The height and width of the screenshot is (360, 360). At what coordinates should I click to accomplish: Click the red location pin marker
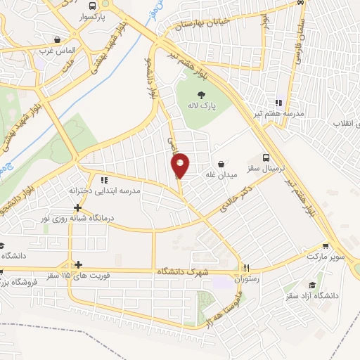(x=181, y=165)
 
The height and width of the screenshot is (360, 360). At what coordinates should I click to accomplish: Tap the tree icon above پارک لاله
(x=203, y=95)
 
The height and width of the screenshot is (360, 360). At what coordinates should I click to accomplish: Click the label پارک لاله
(x=203, y=107)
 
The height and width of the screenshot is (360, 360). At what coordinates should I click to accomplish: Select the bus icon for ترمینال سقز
(x=266, y=157)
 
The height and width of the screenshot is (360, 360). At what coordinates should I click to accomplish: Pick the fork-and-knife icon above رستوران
(x=246, y=267)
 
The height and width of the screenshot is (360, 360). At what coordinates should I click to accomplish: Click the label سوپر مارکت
(x=326, y=257)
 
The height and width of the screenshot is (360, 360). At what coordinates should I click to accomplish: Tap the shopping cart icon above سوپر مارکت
(x=326, y=246)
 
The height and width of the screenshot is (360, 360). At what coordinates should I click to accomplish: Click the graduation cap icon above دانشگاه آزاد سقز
(x=312, y=285)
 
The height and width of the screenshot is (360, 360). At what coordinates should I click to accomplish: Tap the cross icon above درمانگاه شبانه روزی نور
(x=78, y=207)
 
